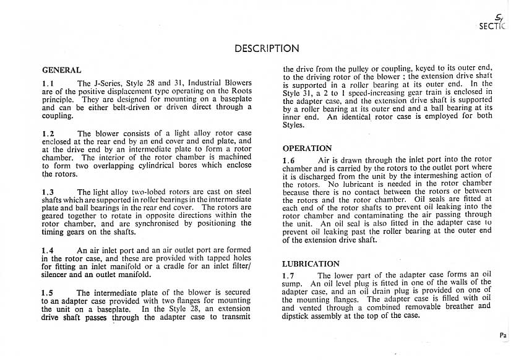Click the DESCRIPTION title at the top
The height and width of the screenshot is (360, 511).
(267, 48)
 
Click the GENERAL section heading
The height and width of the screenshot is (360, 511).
(61, 71)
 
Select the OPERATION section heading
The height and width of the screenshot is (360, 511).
(307, 148)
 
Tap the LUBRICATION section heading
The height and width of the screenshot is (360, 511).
(311, 264)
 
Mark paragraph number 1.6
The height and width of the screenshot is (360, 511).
(290, 161)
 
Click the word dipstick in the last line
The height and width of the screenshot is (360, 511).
(298, 315)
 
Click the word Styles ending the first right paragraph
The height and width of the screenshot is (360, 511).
(294, 124)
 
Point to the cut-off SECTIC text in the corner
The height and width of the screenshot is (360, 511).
(492, 27)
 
